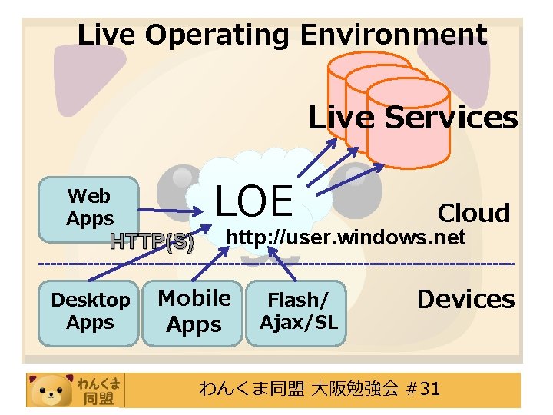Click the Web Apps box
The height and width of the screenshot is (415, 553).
tap(89, 209)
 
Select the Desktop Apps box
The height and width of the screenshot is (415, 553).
tap(89, 312)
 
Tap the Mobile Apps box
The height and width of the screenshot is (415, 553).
tap(194, 312)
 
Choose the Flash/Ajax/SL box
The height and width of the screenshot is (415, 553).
tap(298, 312)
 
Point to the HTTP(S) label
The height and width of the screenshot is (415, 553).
tap(151, 242)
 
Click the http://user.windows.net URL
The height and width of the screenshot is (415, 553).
tap(346, 237)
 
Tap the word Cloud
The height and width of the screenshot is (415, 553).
tap(473, 213)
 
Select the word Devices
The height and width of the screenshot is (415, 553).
tap(465, 299)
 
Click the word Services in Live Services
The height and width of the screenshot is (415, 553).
tap(451, 118)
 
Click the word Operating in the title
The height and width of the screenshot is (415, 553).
tap(218, 35)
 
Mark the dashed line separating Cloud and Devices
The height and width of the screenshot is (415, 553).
tap(276, 264)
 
